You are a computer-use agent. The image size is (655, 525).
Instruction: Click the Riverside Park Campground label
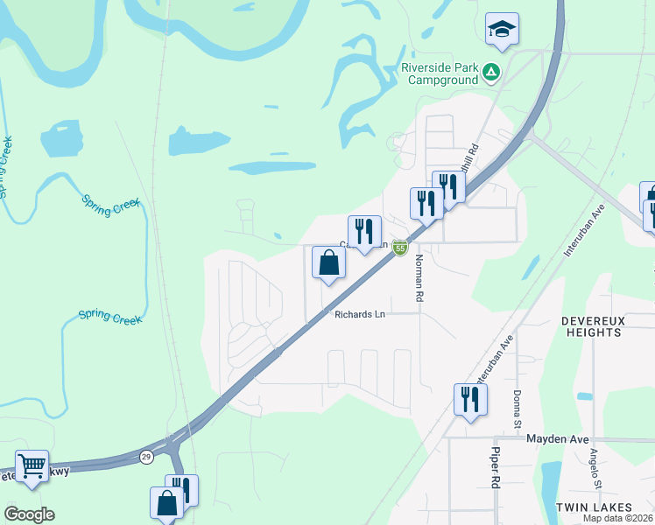click(440, 73)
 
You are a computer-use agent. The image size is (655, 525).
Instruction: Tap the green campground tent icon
click(491, 73)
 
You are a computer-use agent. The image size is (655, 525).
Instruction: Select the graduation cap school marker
click(503, 29)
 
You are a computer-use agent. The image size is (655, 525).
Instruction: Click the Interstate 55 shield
click(400, 248)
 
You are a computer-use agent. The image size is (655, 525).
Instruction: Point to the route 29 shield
click(147, 457)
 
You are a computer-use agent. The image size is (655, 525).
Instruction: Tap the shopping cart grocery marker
click(32, 466)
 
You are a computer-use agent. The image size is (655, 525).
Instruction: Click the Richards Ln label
click(359, 313)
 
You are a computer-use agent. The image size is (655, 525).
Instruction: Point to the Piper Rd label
click(495, 471)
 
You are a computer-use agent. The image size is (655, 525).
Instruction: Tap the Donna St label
click(518, 409)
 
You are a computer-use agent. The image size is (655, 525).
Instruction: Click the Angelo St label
click(595, 469)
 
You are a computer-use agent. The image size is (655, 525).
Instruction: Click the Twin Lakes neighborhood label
click(594, 507)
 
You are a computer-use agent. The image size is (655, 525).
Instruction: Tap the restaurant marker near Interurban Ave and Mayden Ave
click(470, 400)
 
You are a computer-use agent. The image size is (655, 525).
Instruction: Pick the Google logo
click(29, 514)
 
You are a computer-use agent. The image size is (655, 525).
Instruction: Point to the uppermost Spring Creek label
click(6, 166)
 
